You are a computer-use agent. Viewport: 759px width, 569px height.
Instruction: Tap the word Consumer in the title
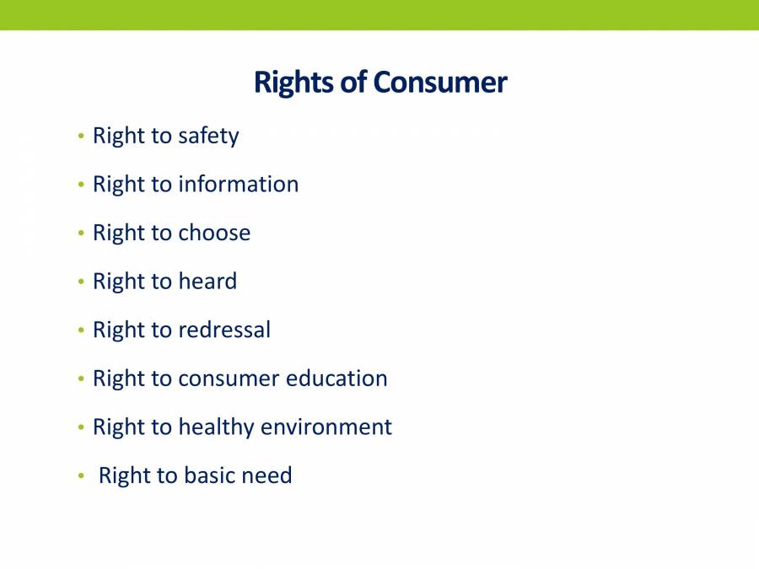point(440,83)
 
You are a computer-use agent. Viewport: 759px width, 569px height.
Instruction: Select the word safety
point(208,137)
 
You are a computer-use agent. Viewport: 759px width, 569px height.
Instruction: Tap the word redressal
point(224,330)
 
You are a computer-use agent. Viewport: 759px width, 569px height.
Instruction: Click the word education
point(336,378)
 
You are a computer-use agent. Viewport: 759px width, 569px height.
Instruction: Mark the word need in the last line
point(266,475)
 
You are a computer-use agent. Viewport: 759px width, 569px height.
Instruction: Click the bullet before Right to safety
point(81,137)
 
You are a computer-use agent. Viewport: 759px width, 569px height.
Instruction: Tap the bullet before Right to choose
point(81,234)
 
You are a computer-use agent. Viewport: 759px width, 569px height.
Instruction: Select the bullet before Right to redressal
point(81,330)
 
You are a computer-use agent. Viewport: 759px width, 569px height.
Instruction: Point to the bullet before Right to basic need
point(81,476)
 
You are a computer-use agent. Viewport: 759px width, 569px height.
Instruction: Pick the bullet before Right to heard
point(81,282)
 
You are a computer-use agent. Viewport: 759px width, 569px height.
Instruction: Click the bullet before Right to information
point(81,185)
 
